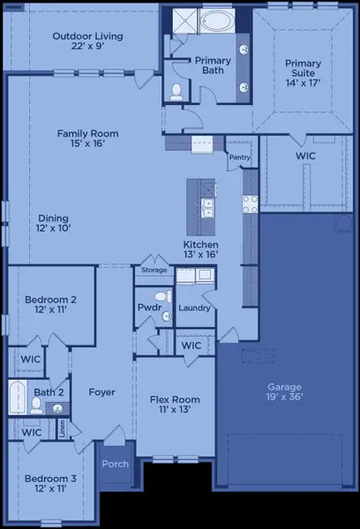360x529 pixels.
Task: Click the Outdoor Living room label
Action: coord(87,41)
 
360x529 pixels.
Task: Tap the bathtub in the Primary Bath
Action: coord(216,21)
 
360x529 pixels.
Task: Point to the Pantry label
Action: coord(239,158)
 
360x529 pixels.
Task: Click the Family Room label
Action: coord(87,139)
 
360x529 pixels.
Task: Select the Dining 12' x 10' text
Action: coord(55,224)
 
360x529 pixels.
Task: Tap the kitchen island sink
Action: coord(208,208)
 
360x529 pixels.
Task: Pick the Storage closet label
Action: coord(154,271)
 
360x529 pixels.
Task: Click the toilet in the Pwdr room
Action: coord(161,297)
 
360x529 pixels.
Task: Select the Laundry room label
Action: coord(193,309)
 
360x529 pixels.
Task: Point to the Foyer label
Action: coord(101,392)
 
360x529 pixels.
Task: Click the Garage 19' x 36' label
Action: coord(285,392)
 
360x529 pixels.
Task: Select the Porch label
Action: coord(116,465)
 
